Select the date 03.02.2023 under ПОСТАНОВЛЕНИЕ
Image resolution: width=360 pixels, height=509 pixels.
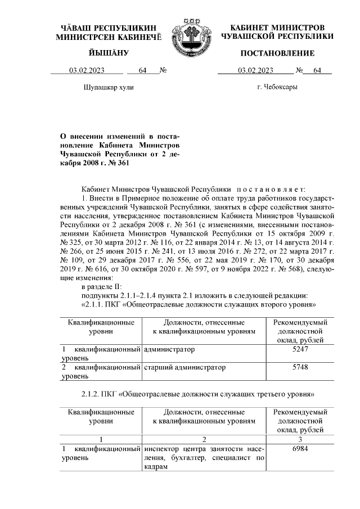click(256, 71)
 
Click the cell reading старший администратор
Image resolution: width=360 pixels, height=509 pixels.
click(185, 367)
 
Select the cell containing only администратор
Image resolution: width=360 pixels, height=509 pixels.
click(169, 349)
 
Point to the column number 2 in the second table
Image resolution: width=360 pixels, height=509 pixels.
click(204, 438)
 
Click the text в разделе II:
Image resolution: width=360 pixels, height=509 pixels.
click(102, 288)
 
